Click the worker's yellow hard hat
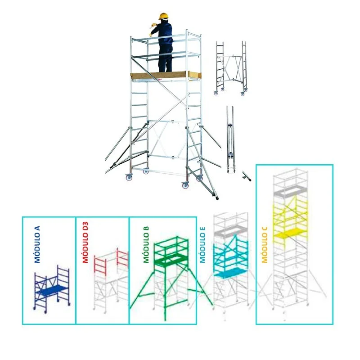(x=163, y=17)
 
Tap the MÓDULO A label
(x=37, y=244)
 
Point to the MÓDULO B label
(x=146, y=244)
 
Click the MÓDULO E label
(x=202, y=245)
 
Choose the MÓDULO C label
(x=265, y=245)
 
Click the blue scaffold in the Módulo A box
(x=52, y=289)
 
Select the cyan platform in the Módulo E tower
(x=230, y=273)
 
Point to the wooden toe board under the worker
(x=166, y=76)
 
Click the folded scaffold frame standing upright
(x=230, y=139)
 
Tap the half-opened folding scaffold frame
(x=230, y=68)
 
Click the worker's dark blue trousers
(x=165, y=58)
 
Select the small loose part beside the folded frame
(x=246, y=176)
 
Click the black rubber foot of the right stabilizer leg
(x=216, y=197)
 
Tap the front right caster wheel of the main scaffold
(x=185, y=185)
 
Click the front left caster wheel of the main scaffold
(x=129, y=177)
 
